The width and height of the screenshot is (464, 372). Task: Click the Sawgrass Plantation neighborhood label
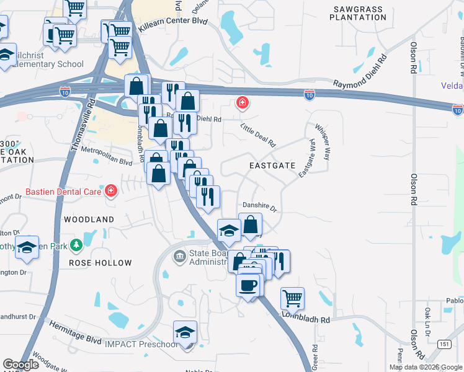click(x=359, y=13)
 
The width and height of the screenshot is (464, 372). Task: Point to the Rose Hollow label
click(x=100, y=263)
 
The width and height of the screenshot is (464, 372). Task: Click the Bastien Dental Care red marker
click(x=110, y=190)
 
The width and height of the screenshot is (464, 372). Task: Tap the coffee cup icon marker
click(x=248, y=285)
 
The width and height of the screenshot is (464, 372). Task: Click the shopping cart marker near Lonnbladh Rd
click(x=292, y=298)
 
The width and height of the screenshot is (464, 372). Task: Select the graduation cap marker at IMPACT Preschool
click(x=185, y=333)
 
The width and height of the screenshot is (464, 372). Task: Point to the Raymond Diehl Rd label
click(x=360, y=74)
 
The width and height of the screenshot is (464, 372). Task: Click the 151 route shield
click(x=444, y=343)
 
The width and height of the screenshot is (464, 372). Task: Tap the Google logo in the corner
click(x=20, y=365)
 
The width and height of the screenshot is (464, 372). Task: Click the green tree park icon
click(x=76, y=246)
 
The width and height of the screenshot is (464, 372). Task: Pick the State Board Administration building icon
click(x=179, y=255)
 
